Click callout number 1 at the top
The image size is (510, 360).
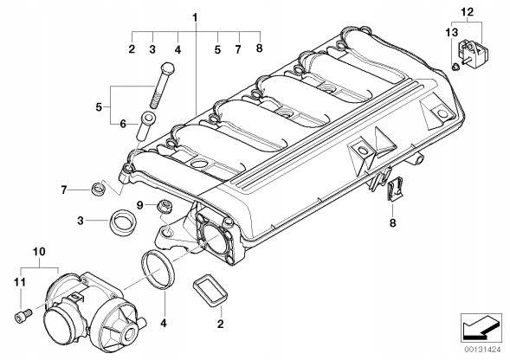(x=196, y=16)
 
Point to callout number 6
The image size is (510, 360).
(x=123, y=125)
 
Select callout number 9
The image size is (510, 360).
(x=138, y=205)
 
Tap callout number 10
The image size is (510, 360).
(x=38, y=253)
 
